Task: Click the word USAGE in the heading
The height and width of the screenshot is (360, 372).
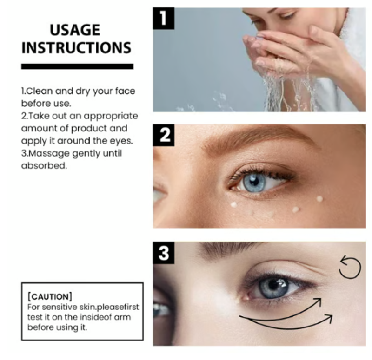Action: (x=75, y=30)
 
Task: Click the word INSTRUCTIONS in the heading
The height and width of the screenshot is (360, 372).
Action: (x=76, y=48)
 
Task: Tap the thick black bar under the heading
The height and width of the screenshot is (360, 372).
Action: (x=77, y=66)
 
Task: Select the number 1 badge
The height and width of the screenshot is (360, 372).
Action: (x=164, y=18)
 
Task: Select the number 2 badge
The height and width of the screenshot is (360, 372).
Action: (x=164, y=135)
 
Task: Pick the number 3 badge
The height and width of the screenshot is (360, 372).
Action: (x=164, y=253)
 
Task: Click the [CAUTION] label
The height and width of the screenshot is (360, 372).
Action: (x=50, y=296)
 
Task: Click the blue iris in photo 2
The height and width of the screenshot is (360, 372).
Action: (x=254, y=182)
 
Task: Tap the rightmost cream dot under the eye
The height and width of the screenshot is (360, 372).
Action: (x=319, y=199)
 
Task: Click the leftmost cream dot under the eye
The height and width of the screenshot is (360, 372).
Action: (x=234, y=204)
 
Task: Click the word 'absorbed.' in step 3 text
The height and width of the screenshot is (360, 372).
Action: (x=44, y=165)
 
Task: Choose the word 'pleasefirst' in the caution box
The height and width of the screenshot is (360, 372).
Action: (x=118, y=308)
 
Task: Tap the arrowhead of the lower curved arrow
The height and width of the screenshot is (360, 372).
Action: (x=329, y=318)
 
